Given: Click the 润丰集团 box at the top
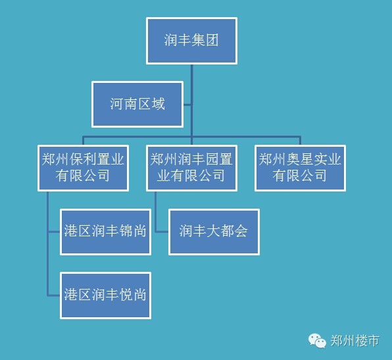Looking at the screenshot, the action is coord(191,41).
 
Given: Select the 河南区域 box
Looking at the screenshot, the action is coord(137,105).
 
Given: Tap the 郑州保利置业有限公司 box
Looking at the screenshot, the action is coord(84,168).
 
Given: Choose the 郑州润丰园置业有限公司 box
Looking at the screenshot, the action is coord(191,168).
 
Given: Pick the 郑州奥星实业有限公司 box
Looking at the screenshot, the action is coord(301,168).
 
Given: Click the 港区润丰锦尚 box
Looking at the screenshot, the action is coord(105,232).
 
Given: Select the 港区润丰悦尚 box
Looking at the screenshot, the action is coord(105,296).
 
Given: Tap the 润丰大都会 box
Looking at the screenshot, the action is coord(214,232).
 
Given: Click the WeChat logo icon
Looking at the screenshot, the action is coord(317,340).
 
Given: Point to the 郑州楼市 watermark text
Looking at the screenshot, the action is coord(355,340).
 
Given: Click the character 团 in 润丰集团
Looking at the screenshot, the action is coord(212,40).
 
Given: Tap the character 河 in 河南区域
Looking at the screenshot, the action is coord(117,104).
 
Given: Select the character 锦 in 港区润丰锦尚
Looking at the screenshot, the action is coord(126,230).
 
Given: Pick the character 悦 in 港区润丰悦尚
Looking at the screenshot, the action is coord(126,294).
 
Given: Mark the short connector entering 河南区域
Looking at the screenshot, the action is coord(187,105).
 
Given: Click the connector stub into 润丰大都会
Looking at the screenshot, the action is coord(162,232).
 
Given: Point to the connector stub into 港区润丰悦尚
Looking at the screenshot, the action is coord(53,296).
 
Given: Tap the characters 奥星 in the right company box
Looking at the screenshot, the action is coord(300,159).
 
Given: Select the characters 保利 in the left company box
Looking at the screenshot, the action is coord(83,159).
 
